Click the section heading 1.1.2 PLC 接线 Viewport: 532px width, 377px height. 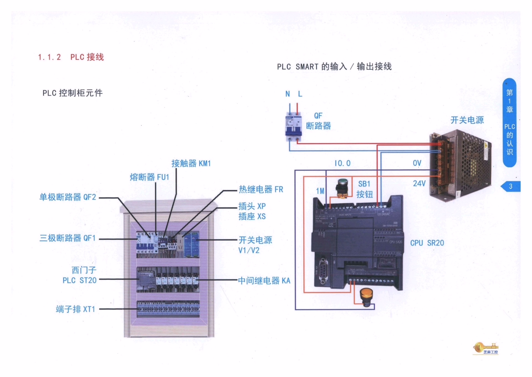[x=71, y=57]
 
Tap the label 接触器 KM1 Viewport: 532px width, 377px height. [x=191, y=164]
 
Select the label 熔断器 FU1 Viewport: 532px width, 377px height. [x=149, y=177]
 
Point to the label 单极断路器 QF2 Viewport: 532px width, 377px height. [x=68, y=197]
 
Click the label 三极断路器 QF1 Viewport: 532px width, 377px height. [x=68, y=238]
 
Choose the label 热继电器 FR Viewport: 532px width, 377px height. [x=261, y=190]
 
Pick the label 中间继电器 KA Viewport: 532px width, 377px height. [x=264, y=281]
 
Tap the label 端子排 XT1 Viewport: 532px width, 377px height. [x=75, y=309]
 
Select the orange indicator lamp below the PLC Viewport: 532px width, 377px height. [x=366, y=297]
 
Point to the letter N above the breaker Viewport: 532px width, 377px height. [x=288, y=94]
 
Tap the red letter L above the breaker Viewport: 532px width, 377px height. [x=300, y=94]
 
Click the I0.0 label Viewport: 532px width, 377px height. [x=342, y=163]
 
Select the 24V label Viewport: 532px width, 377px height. [x=419, y=184]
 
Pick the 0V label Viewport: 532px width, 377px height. [x=417, y=163]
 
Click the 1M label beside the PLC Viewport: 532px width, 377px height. [x=320, y=191]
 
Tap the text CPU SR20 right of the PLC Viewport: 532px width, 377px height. [x=427, y=243]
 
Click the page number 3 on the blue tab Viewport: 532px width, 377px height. [x=510, y=187]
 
